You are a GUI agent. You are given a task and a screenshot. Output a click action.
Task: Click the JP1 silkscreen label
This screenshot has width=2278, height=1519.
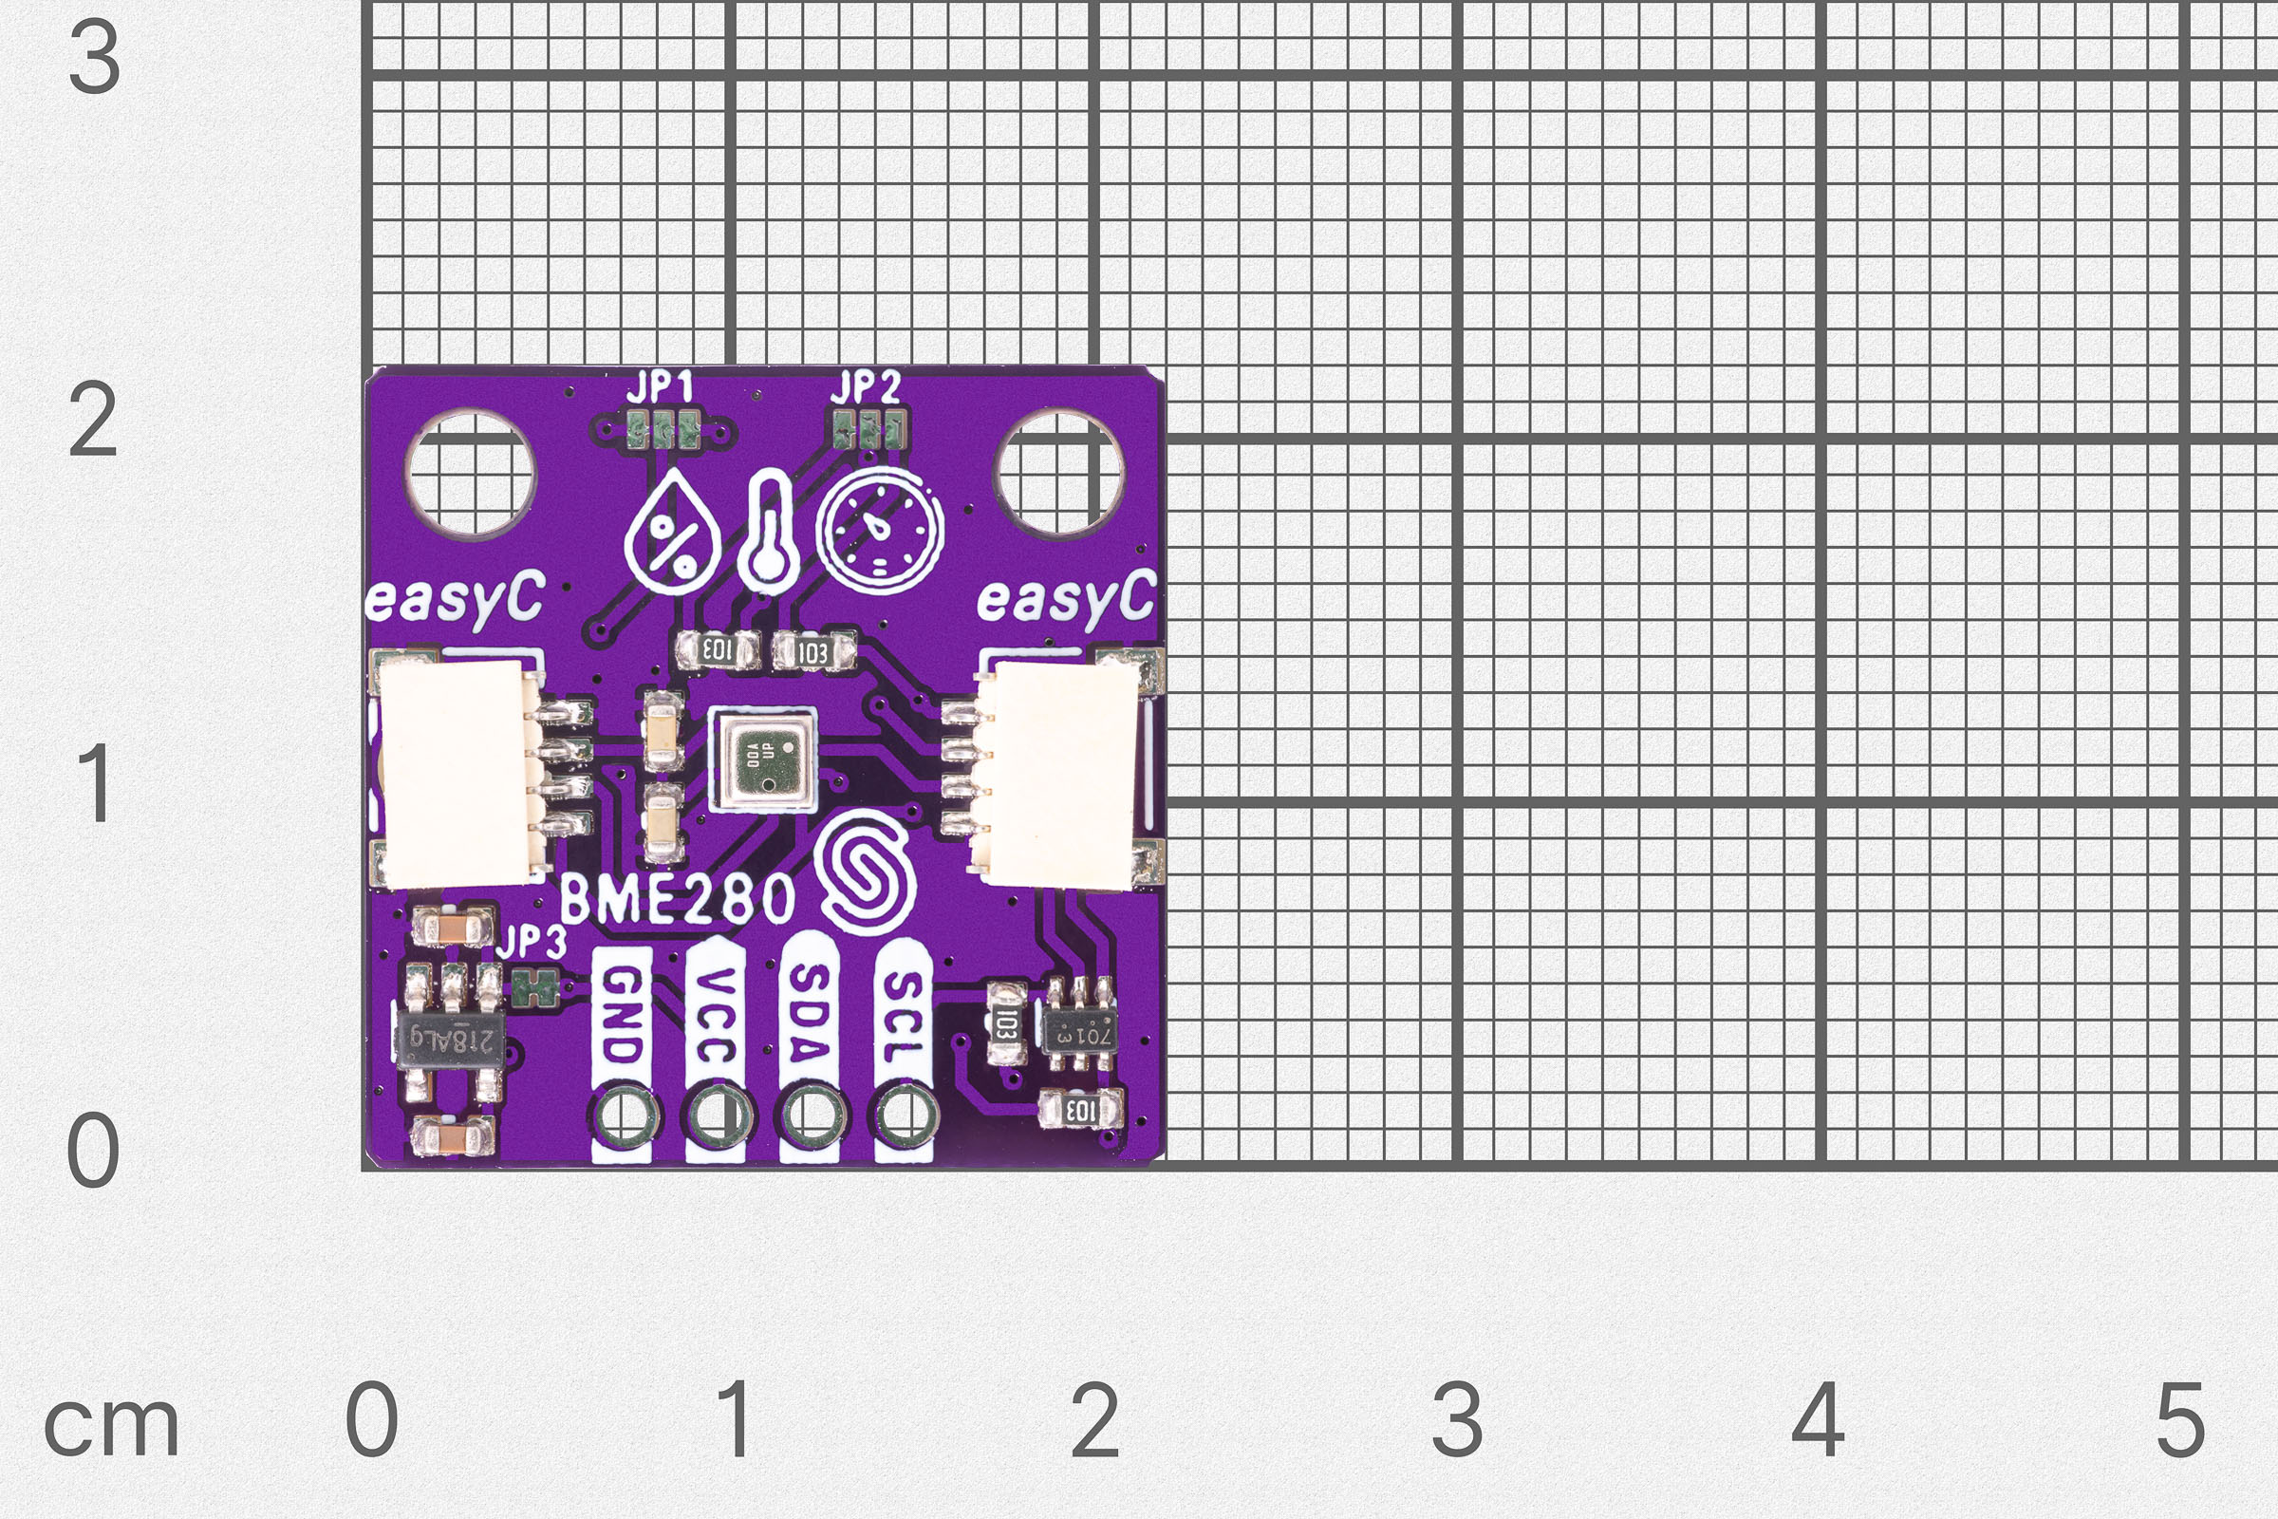(x=660, y=389)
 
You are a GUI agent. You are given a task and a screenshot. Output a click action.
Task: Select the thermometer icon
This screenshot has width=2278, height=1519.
(x=767, y=533)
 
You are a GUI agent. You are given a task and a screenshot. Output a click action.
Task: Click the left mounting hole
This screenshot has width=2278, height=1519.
(x=471, y=474)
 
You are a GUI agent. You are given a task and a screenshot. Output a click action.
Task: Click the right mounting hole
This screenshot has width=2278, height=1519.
(x=1059, y=474)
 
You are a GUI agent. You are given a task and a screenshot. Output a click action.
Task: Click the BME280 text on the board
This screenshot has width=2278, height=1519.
(x=677, y=899)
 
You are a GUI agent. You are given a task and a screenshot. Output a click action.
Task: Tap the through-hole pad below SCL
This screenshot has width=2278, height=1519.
(x=905, y=1115)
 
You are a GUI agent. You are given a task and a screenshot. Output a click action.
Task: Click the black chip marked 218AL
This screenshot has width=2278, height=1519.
(x=452, y=1042)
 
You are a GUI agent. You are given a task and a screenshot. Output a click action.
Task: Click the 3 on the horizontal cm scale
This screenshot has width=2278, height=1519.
(x=1457, y=1420)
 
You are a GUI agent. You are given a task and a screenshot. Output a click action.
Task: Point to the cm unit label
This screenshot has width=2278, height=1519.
(x=111, y=1426)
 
